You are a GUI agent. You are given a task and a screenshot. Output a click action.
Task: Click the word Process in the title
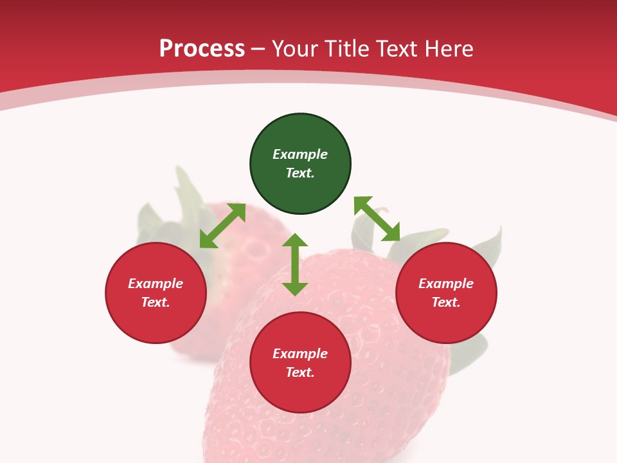(202, 49)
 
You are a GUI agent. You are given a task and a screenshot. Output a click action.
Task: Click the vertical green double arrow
(295, 264)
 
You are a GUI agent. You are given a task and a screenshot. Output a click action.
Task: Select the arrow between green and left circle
(222, 226)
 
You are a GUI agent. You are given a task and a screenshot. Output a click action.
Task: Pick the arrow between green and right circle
(377, 219)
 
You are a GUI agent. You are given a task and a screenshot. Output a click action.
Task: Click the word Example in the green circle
(300, 154)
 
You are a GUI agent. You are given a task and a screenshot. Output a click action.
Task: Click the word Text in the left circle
(156, 302)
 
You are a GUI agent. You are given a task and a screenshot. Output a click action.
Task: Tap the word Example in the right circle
(446, 284)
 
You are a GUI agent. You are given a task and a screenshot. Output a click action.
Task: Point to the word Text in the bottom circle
(300, 372)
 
